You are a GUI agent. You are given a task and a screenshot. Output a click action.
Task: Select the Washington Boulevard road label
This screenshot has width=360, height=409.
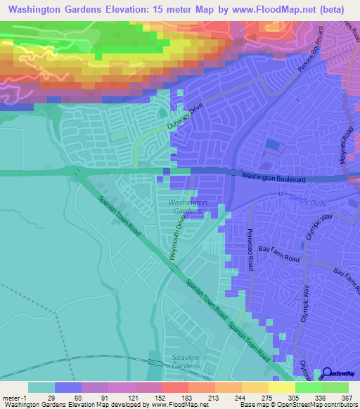point(274,179)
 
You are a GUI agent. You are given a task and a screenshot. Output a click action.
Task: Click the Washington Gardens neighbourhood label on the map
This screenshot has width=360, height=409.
point(188,207)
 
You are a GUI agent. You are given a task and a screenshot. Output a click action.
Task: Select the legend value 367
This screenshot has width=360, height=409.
point(347,397)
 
